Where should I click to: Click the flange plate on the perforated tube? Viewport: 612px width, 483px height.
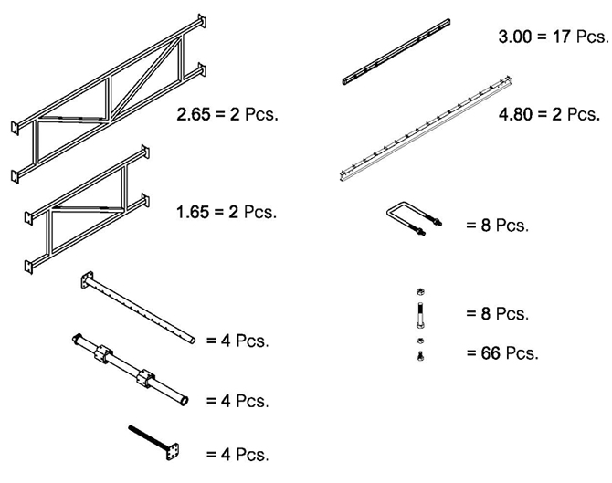pos(88,281)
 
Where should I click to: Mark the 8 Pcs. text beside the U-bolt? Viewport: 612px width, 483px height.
pos(497,226)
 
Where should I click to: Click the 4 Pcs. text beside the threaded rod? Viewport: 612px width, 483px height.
pos(237,454)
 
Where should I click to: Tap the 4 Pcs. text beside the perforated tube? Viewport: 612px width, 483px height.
pos(237,341)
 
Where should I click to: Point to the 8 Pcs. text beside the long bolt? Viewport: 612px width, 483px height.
pos(497,314)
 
